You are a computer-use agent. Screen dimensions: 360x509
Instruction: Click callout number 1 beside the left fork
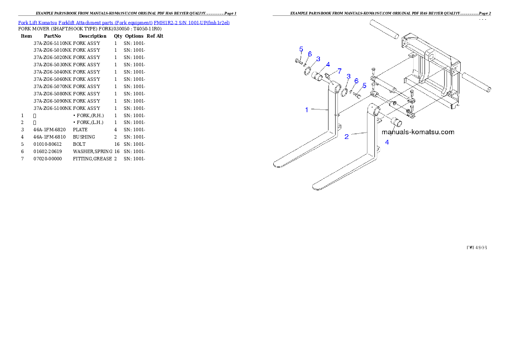(307, 110)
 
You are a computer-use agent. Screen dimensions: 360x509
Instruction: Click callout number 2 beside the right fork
(346, 136)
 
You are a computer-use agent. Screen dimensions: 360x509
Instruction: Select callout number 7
(339, 71)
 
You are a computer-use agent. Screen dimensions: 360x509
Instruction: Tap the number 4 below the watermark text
(387, 142)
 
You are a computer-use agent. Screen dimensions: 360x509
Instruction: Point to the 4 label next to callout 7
(328, 65)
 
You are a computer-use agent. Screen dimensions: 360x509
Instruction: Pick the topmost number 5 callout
(301, 49)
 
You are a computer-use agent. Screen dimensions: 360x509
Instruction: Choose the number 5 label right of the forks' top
(364, 86)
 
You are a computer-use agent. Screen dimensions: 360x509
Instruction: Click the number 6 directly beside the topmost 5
(310, 54)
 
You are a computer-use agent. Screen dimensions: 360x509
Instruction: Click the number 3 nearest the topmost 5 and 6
(318, 59)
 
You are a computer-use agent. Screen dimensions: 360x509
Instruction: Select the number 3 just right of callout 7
(349, 77)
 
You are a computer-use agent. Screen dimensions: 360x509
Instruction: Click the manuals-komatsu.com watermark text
(417, 132)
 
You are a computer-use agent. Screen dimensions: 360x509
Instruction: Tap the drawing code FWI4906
(476, 248)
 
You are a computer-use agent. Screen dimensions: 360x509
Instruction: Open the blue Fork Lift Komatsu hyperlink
(124, 22)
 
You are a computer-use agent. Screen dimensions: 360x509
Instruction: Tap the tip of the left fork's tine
(277, 163)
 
